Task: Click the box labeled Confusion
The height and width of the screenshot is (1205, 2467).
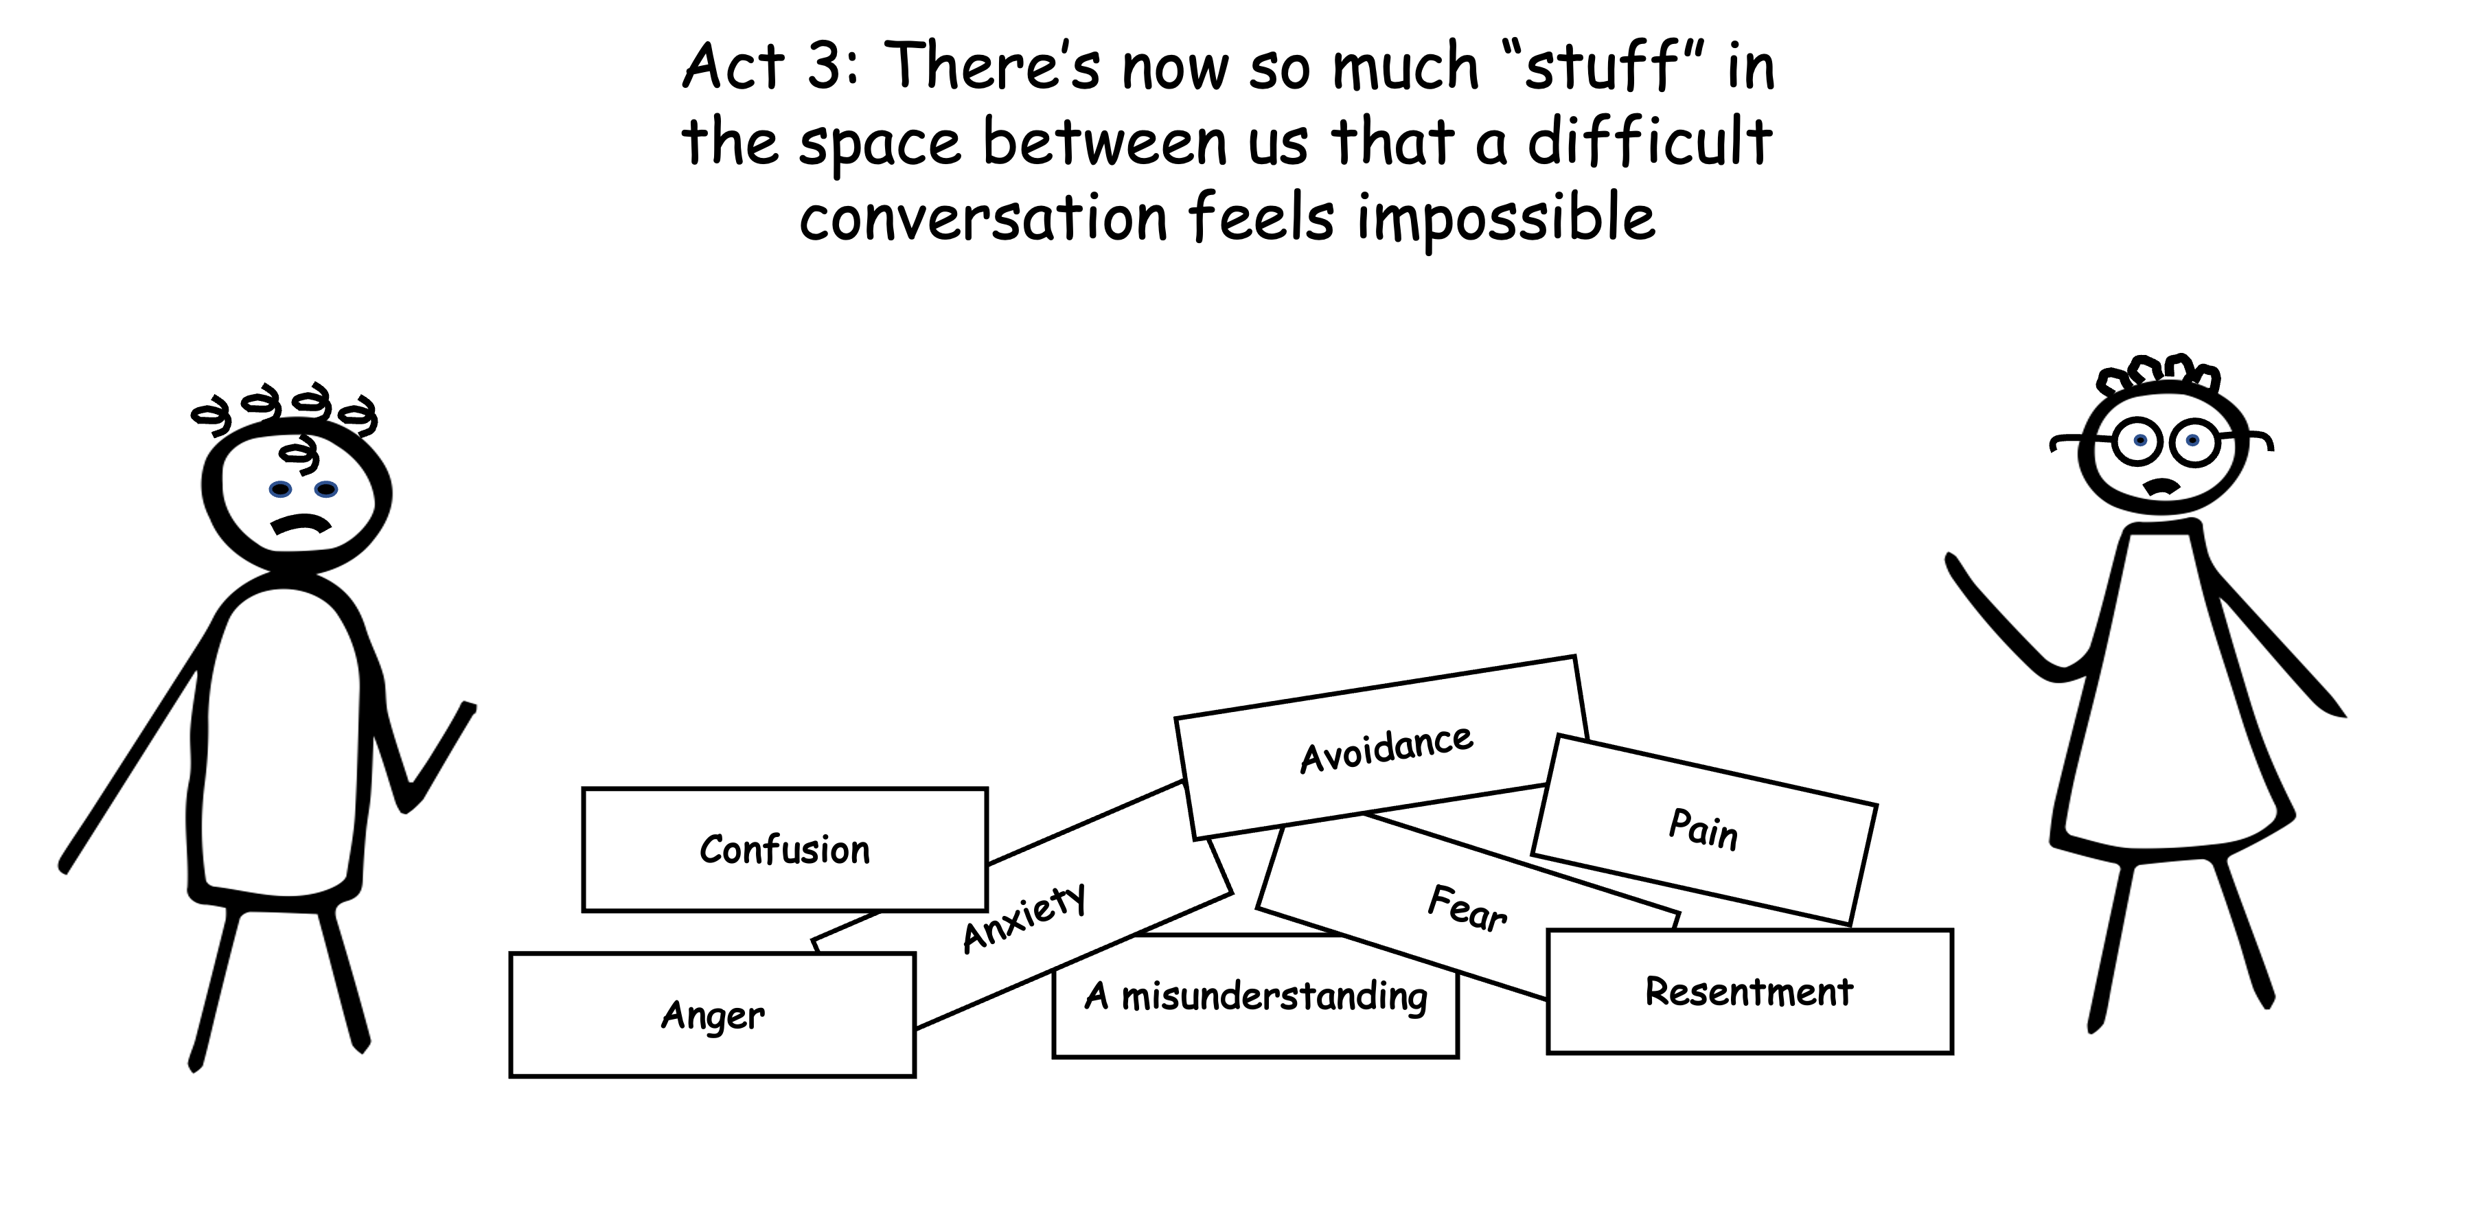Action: [x=784, y=849]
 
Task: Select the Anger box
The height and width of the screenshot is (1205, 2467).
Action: [x=713, y=1015]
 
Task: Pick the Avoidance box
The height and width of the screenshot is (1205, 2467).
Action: [x=1385, y=748]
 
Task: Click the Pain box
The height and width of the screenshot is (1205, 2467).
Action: [x=1703, y=829]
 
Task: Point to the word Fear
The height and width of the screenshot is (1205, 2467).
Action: [x=1466, y=909]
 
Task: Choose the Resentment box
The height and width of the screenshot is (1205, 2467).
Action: [x=1749, y=991]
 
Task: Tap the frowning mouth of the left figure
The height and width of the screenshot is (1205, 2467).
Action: [x=301, y=524]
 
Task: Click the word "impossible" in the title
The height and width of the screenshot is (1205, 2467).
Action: [x=1504, y=218]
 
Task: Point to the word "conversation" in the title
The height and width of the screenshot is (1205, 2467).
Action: [x=983, y=218]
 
